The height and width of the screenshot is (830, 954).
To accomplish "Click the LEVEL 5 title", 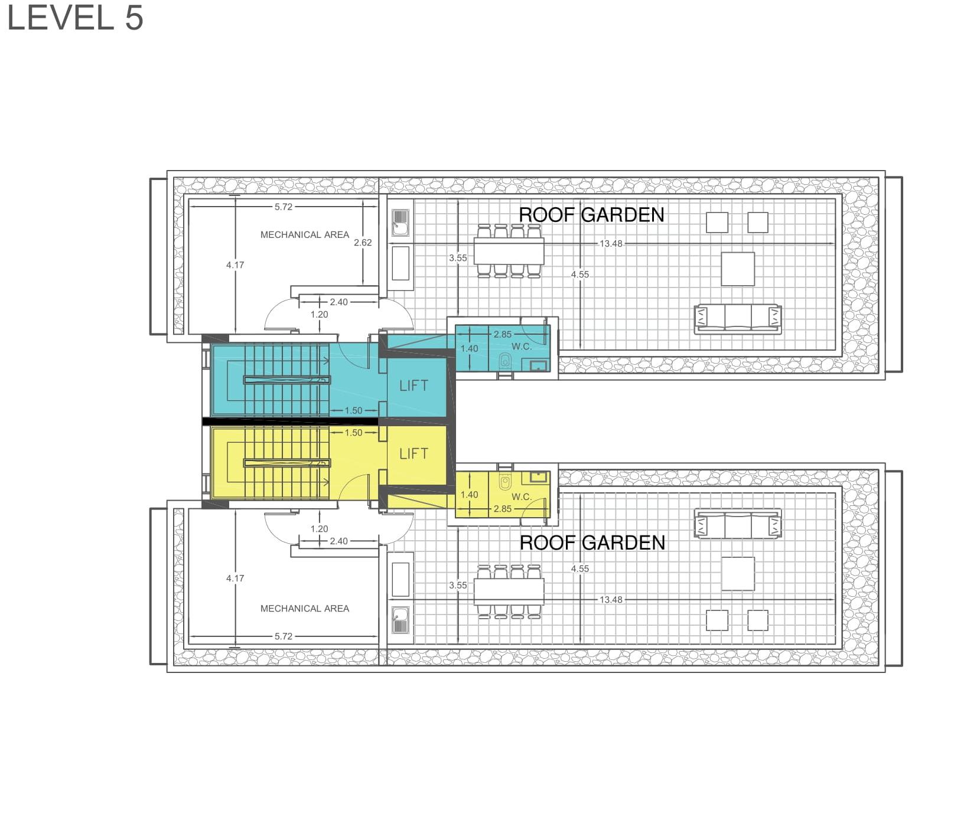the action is click(x=75, y=17).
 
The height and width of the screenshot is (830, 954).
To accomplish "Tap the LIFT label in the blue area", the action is click(x=413, y=386).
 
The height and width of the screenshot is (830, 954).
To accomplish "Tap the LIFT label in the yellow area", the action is click(x=413, y=454).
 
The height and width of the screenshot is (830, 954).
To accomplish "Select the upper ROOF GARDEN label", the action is click(x=591, y=215).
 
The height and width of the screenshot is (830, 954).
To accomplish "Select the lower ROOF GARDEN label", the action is click(x=592, y=543).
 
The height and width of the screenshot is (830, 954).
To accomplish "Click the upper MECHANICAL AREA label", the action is click(x=305, y=235).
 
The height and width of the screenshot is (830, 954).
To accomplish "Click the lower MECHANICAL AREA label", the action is click(x=305, y=609).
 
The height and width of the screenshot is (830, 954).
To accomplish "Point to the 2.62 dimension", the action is click(x=363, y=243).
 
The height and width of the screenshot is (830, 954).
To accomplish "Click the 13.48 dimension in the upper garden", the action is click(x=611, y=243).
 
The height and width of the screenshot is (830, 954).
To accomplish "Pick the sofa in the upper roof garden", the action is click(x=738, y=319).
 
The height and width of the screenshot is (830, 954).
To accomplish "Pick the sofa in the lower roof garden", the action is click(x=738, y=524).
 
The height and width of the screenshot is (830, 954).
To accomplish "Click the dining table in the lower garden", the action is click(x=509, y=592).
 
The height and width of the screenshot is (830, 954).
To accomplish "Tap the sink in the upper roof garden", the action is click(x=401, y=222).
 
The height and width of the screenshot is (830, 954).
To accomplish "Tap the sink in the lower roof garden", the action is click(x=401, y=620).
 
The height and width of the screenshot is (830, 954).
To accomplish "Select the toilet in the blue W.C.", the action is click(x=505, y=361).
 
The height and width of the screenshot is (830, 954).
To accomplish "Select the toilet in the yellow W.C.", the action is click(x=505, y=482).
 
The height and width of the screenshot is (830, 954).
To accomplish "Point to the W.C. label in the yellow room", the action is click(x=522, y=497).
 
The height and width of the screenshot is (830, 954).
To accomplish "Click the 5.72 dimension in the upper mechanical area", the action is click(x=284, y=207).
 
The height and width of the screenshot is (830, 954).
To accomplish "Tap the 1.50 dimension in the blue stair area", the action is click(x=353, y=411).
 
